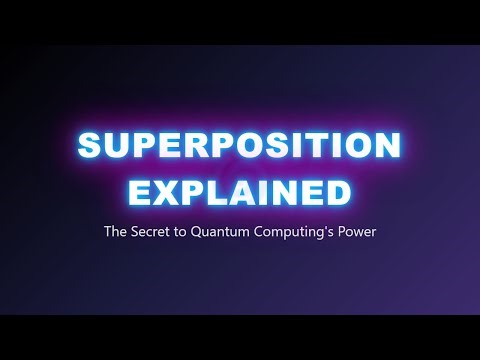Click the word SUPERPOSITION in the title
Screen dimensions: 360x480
[x=240, y=147]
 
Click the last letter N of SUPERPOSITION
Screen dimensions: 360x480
[x=389, y=147]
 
